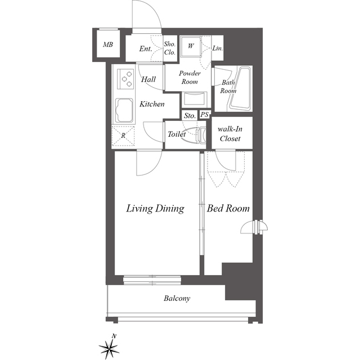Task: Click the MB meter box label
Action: pos(108,44)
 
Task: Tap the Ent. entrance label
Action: pos(146,49)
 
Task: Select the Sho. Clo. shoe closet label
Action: pos(170,48)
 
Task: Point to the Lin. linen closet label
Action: pos(218,48)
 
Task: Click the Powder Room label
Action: pos(190,78)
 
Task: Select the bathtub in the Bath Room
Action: pos(240,89)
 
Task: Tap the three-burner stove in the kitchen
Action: pos(125,79)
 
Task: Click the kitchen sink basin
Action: pos(124,111)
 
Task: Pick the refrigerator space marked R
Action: pos(123,136)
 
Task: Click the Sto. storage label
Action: pos(190,116)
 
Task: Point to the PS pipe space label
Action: pos(204,115)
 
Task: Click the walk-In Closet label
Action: pos(230,134)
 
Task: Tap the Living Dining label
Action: pos(155,209)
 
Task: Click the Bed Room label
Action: pos(228,208)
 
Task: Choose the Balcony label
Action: pos(177,298)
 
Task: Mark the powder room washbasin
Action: pos(194,100)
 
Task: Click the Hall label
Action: pos(148,79)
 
